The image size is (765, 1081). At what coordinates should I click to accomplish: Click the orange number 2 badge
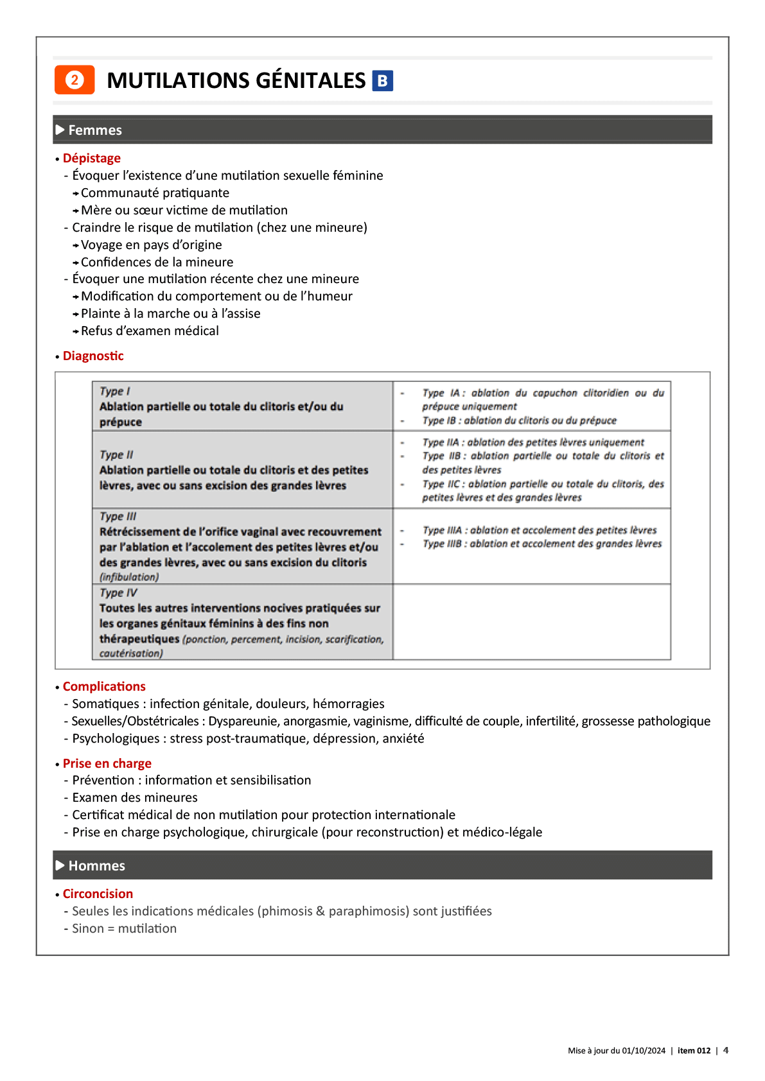click(75, 80)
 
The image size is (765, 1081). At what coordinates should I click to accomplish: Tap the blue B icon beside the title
click(382, 81)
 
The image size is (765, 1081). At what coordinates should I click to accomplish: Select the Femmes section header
click(95, 130)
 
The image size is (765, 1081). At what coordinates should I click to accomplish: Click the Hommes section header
click(96, 866)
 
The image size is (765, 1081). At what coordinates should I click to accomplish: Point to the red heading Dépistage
click(92, 159)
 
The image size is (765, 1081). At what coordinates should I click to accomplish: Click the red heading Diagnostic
click(93, 356)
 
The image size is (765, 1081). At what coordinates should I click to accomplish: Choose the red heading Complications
click(104, 687)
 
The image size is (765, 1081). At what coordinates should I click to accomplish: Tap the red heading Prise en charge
click(107, 764)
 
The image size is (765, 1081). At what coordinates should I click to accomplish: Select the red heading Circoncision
click(98, 894)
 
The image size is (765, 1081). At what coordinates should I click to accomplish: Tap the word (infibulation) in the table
click(129, 577)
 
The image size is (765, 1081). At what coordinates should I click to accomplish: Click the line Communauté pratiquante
click(155, 193)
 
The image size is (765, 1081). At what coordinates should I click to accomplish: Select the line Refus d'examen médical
click(150, 331)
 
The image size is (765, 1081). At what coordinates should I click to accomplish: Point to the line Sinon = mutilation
click(124, 929)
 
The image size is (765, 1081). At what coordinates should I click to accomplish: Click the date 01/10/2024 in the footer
click(644, 1051)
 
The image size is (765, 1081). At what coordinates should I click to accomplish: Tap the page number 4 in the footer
click(726, 1051)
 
